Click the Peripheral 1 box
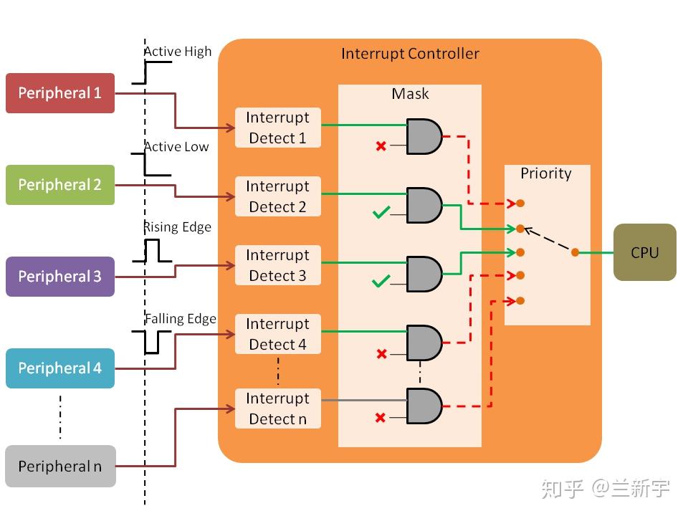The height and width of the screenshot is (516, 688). pyautogui.click(x=60, y=93)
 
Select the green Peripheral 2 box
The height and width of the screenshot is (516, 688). pyautogui.click(x=60, y=185)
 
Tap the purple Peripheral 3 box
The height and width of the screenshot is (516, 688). pyautogui.click(x=60, y=277)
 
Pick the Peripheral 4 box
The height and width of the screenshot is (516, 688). pyautogui.click(x=60, y=368)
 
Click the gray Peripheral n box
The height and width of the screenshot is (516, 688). pyautogui.click(x=60, y=467)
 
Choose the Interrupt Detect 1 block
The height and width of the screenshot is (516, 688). pyautogui.click(x=277, y=128)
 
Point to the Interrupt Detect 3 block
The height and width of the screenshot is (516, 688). pyautogui.click(x=277, y=265)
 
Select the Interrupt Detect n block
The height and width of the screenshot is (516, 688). pyautogui.click(x=277, y=408)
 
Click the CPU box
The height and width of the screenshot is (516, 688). pyautogui.click(x=644, y=252)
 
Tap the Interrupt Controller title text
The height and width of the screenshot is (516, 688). pyautogui.click(x=410, y=54)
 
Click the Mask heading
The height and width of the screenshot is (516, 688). pyautogui.click(x=410, y=94)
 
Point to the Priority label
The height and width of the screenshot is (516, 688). pyautogui.click(x=546, y=173)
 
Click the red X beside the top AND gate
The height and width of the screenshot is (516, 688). pyautogui.click(x=381, y=146)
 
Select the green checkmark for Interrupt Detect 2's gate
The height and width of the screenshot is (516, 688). pyautogui.click(x=381, y=212)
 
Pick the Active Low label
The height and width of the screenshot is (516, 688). pyautogui.click(x=176, y=147)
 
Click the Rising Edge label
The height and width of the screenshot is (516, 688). pyautogui.click(x=177, y=227)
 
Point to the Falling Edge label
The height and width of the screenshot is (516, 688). pyautogui.click(x=181, y=319)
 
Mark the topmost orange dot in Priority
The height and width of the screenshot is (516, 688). pyautogui.click(x=520, y=204)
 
